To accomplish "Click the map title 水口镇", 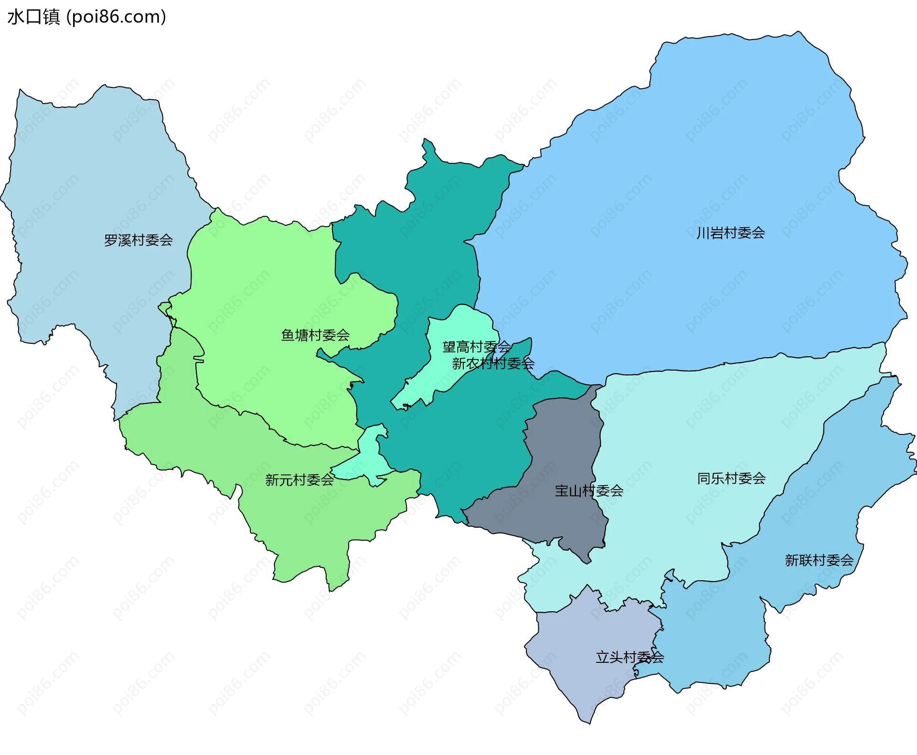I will [33, 17].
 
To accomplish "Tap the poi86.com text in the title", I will [116, 17].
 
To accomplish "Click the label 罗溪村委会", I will [138, 240].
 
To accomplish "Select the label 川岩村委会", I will [731, 233].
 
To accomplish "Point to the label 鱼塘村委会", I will [315, 335].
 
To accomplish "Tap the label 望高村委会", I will [476, 347].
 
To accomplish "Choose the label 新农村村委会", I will [493, 363].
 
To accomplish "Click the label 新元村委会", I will [299, 479].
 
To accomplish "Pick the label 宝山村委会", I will [589, 490].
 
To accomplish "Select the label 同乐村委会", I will [731, 478].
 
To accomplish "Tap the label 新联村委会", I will [819, 560].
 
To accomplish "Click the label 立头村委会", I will [629, 657].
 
